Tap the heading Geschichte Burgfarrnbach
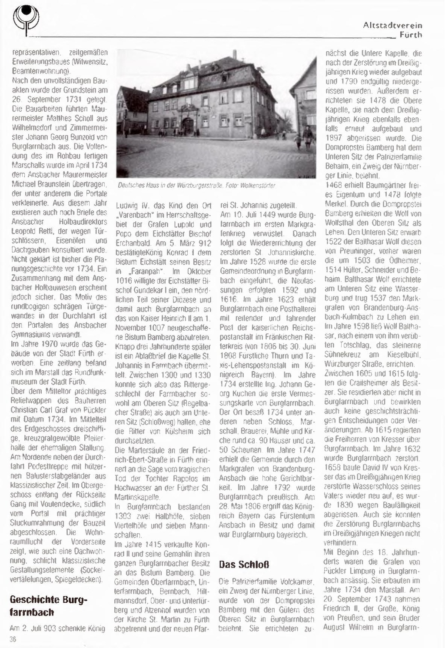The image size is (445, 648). point(48,606)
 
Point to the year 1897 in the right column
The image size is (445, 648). point(334,138)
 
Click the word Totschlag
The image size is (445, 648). point(341,345)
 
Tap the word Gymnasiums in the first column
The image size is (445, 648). point(27,334)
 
